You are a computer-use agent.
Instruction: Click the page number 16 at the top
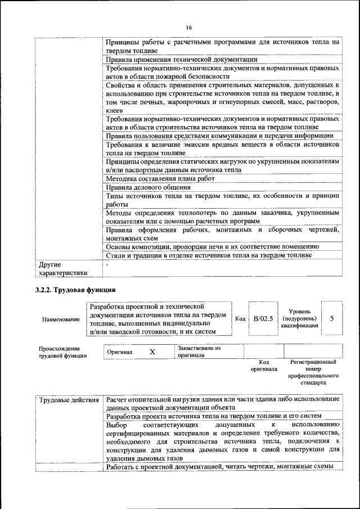point(189,28)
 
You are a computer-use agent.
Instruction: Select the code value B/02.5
point(263,319)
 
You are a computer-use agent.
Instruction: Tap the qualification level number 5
point(332,318)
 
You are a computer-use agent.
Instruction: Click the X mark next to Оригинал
point(152,352)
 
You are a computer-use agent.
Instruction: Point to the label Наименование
point(61,319)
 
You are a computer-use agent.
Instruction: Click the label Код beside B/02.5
point(240,319)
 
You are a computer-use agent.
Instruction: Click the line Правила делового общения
point(148,187)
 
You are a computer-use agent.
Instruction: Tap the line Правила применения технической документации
point(181,59)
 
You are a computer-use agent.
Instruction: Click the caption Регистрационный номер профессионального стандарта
point(313,372)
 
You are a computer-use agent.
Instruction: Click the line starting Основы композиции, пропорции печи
point(213,246)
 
